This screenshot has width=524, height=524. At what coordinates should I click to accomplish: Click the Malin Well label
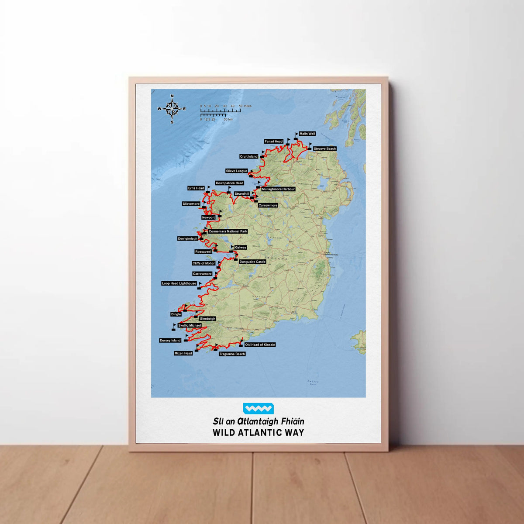point(307,134)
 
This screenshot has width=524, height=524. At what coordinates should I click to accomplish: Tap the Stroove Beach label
point(324,149)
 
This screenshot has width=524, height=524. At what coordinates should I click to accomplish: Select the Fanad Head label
point(274,141)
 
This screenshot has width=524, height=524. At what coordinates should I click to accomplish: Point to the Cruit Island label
point(249,156)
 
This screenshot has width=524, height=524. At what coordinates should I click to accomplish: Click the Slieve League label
point(237,171)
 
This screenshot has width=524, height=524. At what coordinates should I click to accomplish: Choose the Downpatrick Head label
point(229,183)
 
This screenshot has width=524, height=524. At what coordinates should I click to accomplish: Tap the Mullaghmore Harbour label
point(278,189)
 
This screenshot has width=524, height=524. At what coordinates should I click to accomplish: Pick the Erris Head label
point(196,188)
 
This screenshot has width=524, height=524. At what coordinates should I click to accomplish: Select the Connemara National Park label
point(228,231)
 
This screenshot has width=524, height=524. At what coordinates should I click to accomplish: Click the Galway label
point(241,248)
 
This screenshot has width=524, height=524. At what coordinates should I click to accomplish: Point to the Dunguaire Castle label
point(252,262)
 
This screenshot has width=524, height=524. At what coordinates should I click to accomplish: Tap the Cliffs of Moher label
point(204,263)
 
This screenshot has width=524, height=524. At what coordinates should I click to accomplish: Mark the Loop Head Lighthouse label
point(179,283)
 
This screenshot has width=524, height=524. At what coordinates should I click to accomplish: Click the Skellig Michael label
point(190,325)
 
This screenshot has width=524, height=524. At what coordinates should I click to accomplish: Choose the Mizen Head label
point(183,353)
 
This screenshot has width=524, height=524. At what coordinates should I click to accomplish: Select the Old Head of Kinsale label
point(260,345)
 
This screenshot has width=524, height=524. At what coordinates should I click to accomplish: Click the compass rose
point(172,108)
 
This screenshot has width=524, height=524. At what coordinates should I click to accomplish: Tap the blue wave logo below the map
point(258,409)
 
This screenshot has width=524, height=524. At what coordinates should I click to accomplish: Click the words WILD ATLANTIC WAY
point(258,433)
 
